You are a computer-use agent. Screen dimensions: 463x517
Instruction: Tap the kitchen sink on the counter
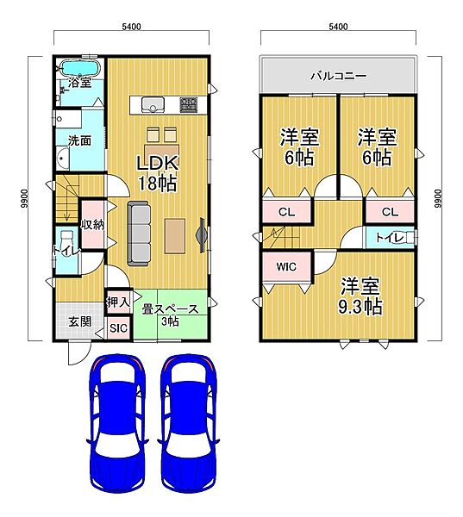[x=153, y=105]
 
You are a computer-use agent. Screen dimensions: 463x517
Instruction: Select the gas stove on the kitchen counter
[x=189, y=104]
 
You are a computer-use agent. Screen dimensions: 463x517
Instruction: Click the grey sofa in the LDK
[x=139, y=234]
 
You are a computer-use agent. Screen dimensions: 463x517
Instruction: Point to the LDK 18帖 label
[x=158, y=173]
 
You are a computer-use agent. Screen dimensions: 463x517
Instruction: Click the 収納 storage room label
[x=93, y=225]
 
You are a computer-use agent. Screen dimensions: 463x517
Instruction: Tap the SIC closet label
[x=118, y=328]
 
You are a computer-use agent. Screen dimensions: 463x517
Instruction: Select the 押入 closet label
[x=118, y=302]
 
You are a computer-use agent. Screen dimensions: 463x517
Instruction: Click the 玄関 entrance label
[x=80, y=321]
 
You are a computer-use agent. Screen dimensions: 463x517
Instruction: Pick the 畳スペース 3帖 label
[x=170, y=315]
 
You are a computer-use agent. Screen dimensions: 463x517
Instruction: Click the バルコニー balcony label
[x=339, y=76]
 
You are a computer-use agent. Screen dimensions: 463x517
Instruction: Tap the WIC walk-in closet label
[x=286, y=266]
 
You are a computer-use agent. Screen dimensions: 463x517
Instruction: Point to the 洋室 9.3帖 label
[x=360, y=296]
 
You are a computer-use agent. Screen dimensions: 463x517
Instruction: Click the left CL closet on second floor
[x=287, y=211]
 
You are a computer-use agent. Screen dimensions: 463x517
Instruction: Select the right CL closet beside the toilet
[x=390, y=211]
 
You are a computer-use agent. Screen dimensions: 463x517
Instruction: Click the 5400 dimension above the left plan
[x=131, y=27]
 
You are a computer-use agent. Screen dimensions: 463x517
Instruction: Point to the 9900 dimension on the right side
[x=438, y=198]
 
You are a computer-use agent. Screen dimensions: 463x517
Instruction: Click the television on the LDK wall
[x=202, y=235]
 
